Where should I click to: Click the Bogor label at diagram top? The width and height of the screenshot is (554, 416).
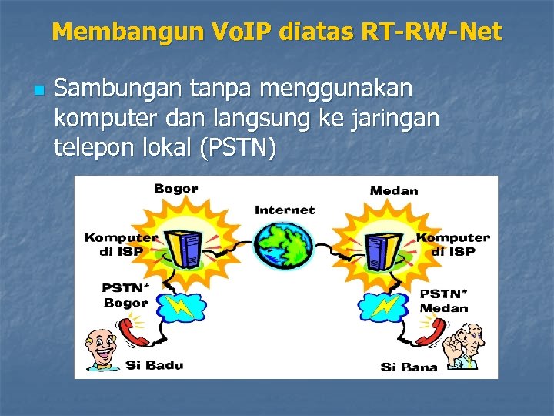pyautogui.click(x=176, y=189)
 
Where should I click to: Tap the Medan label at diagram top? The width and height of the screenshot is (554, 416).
pyautogui.click(x=393, y=190)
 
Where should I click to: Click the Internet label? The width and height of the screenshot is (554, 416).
pyautogui.click(x=285, y=210)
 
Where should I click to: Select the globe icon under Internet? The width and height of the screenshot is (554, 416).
pyautogui.click(x=285, y=246)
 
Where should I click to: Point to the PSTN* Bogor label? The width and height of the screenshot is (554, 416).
pyautogui.click(x=125, y=295)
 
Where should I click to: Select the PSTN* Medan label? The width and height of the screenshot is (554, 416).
pyautogui.click(x=443, y=300)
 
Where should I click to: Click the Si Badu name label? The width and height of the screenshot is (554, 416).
pyautogui.click(x=155, y=364)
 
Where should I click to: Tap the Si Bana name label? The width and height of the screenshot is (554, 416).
pyautogui.click(x=409, y=367)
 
